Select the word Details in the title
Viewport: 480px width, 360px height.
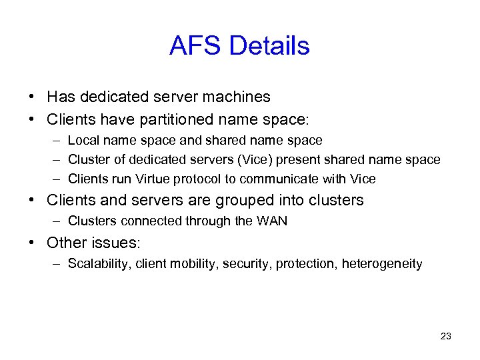(269, 46)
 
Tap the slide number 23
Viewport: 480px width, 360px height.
(446, 336)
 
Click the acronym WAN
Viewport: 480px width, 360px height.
(272, 221)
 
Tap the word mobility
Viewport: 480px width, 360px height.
(192, 264)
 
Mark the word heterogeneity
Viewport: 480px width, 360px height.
(382, 264)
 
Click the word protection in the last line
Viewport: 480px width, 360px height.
(305, 264)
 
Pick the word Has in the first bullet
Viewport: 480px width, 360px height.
(59, 97)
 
